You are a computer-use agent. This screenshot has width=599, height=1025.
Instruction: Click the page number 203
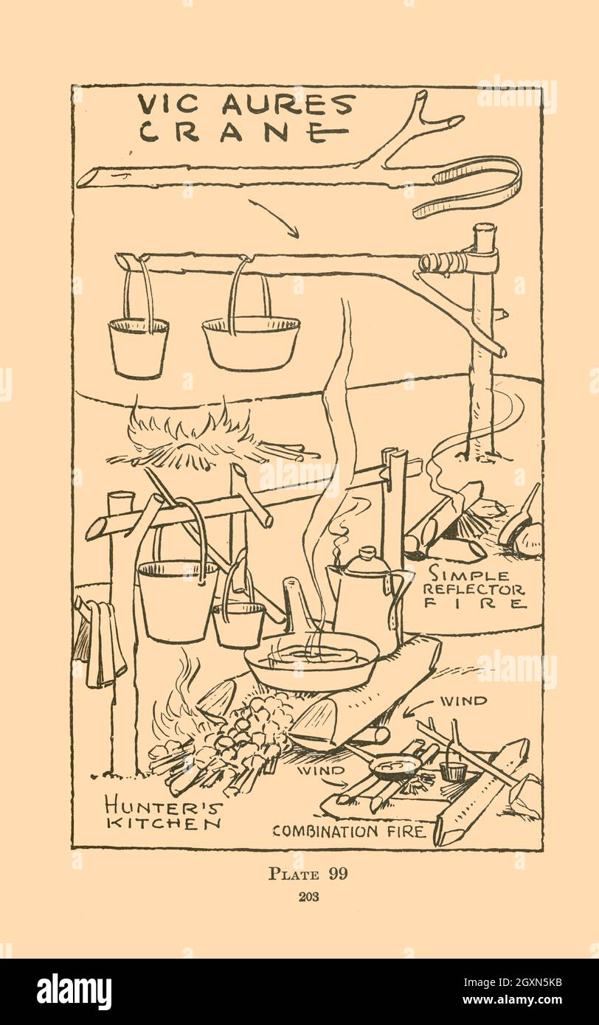point(309,897)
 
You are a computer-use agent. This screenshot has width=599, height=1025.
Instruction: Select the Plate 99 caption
point(308,873)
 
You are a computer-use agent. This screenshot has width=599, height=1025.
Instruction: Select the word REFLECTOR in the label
point(474,589)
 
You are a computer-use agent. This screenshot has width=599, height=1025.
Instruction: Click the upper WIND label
point(463,701)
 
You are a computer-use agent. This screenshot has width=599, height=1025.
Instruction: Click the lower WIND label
point(321,771)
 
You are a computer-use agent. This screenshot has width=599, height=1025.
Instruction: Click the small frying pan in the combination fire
point(394,766)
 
